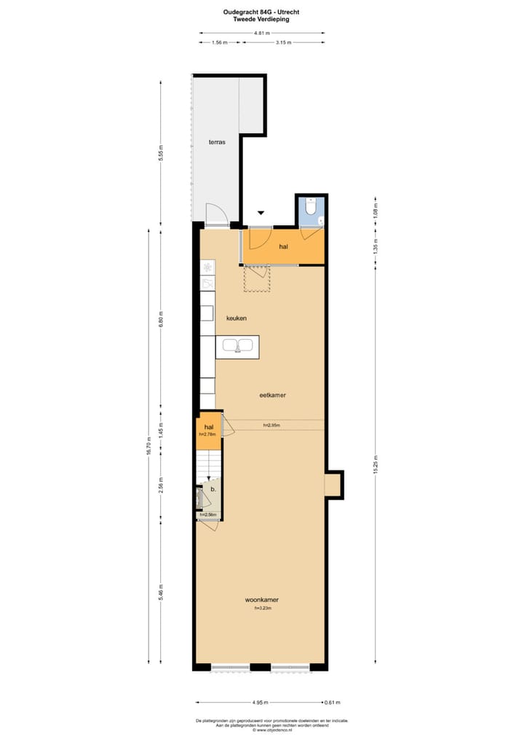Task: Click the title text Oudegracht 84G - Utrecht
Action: point(261,12)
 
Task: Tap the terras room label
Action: point(217,142)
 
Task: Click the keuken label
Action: point(237,319)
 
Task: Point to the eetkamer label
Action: point(272,395)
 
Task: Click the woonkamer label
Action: point(262,600)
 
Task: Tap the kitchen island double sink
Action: point(238,345)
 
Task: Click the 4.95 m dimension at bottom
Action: point(261,703)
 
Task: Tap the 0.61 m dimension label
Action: point(332,703)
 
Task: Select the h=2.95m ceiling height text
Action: point(272,425)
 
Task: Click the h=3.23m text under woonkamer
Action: point(262,609)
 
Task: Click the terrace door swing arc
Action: point(216,214)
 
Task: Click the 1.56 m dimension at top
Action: point(220,43)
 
